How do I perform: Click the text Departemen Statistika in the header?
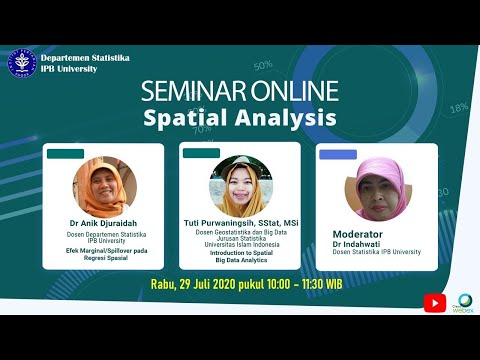point(84,58)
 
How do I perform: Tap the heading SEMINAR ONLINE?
point(239,92)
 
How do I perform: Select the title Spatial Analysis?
point(239,119)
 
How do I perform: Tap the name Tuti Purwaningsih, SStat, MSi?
point(240,223)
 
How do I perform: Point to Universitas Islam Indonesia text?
point(240,245)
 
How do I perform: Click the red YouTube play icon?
point(434,302)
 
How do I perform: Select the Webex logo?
point(462,304)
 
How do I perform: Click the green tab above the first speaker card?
point(66,154)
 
